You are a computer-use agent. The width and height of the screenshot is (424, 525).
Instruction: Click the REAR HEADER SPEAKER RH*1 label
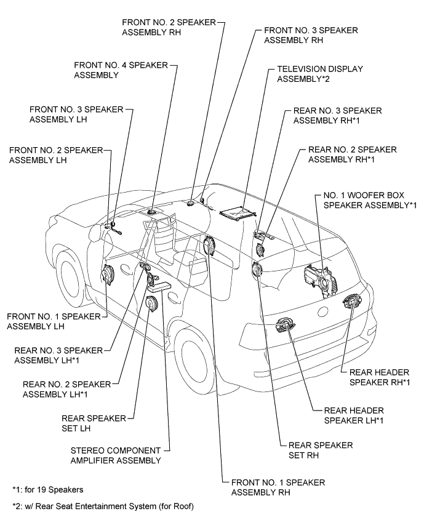[379, 377]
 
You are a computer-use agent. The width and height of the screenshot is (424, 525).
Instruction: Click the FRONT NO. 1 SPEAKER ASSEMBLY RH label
[278, 487]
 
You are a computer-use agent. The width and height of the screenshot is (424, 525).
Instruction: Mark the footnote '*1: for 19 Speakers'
[48, 490]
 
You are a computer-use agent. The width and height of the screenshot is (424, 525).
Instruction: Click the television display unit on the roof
[237, 212]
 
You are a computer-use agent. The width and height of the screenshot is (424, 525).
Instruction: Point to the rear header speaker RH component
[352, 303]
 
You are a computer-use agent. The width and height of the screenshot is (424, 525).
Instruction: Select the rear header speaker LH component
[287, 325]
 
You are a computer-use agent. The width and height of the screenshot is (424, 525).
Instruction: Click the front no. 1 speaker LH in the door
[108, 275]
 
